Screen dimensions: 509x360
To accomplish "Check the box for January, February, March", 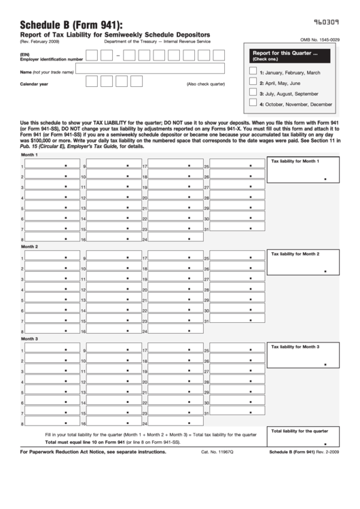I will pos(253,71).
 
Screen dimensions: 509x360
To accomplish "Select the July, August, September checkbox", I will pos(253,93).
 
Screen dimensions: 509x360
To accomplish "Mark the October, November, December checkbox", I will pos(253,104).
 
